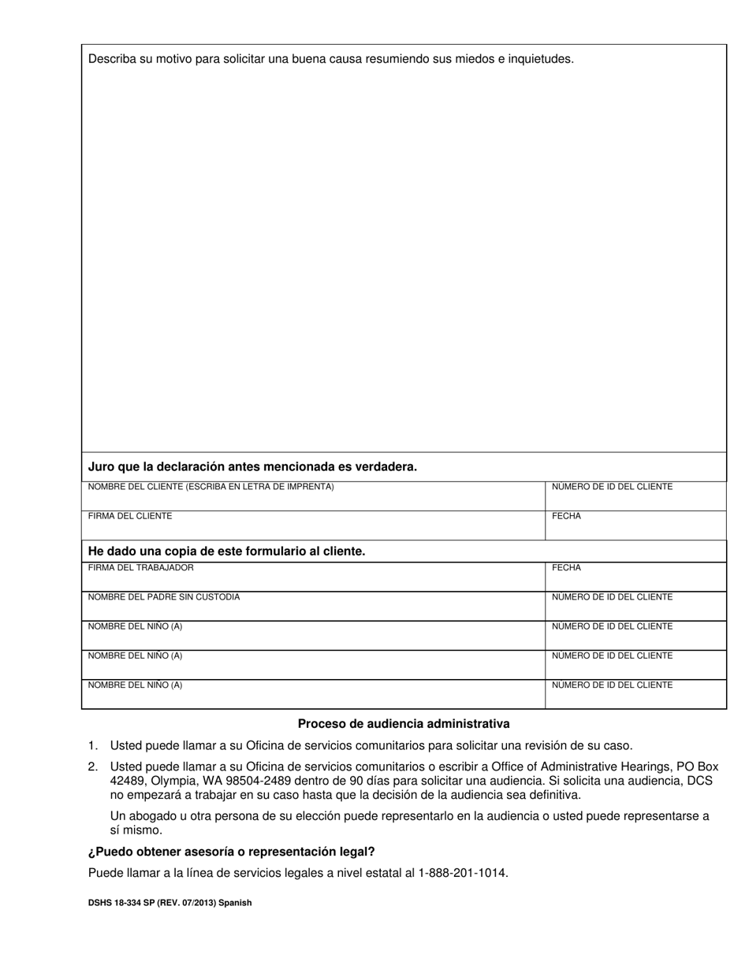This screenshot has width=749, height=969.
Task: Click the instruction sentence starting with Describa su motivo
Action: pos(330,59)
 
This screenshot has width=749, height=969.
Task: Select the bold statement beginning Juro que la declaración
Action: pos(252,467)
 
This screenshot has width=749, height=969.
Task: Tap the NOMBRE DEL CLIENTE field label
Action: pos(211,487)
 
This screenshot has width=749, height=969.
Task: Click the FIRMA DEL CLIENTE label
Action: pos(130,516)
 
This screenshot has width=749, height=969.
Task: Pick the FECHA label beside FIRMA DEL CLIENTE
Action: pos(566,516)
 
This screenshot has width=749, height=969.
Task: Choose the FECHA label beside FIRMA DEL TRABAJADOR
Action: pos(566,568)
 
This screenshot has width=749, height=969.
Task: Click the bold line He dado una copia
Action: pos(226,551)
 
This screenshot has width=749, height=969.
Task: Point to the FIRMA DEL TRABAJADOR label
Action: pos(140,568)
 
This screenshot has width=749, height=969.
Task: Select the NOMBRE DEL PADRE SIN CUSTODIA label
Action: pos(163,597)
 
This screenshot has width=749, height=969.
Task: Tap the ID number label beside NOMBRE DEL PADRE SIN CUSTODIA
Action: pos(612,597)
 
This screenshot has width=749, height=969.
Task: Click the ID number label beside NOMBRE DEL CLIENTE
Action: pos(612,487)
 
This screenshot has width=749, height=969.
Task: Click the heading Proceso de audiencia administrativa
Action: pos(404,724)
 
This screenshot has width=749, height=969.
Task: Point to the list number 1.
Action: pos(92,745)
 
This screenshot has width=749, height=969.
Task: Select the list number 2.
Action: pos(92,767)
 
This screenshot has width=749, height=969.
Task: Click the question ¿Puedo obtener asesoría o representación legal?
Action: pos(231,852)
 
